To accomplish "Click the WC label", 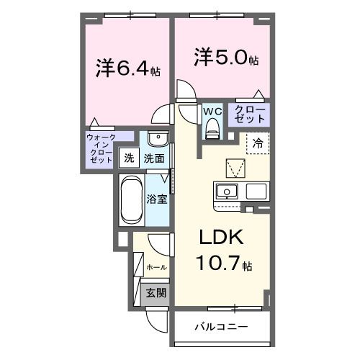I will [x=211, y=112].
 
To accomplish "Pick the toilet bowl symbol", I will [x=211, y=127].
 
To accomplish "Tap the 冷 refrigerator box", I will [x=257, y=143].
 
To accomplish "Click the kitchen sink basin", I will [x=226, y=192].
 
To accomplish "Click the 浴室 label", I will [x=158, y=199].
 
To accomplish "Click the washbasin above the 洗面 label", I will [x=158, y=138].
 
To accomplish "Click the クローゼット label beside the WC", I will [x=247, y=114].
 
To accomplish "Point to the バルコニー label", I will [x=221, y=327].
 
